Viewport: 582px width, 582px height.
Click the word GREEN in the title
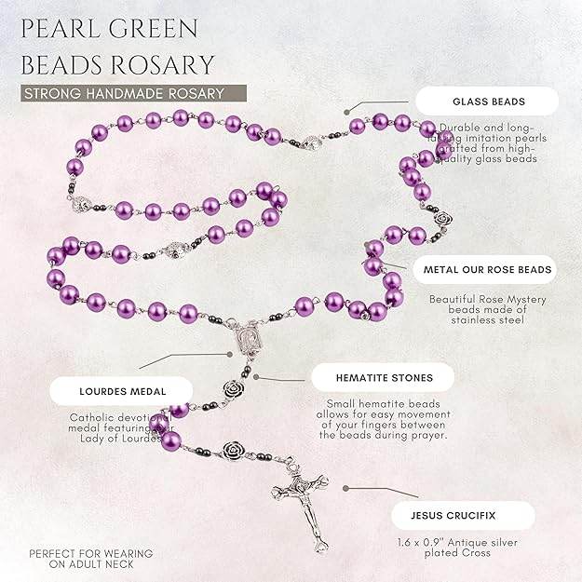pyautogui.click(x=155, y=28)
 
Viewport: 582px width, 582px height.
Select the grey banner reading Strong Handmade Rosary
pyautogui.click(x=135, y=93)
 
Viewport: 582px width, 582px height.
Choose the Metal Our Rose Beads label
pyautogui.click(x=487, y=270)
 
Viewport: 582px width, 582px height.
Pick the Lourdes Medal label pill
pyautogui.click(x=106, y=391)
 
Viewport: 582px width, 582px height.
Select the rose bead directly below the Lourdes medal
pyautogui.click(x=232, y=386)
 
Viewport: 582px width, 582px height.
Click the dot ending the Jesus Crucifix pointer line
pyautogui.click(x=345, y=487)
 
